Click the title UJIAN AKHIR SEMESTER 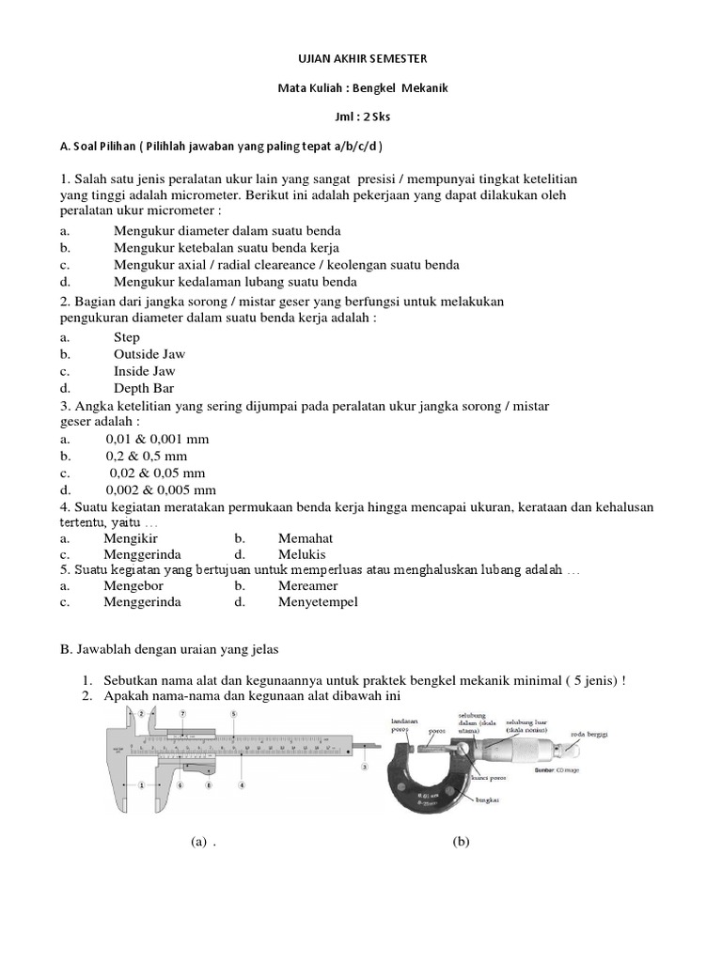(x=361, y=58)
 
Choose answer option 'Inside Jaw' (x=145, y=371)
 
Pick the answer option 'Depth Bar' (x=144, y=388)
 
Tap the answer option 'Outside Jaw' (x=149, y=354)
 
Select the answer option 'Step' (x=127, y=337)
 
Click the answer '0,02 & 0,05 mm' (x=157, y=473)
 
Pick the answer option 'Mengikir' (x=131, y=538)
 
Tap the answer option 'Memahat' (x=306, y=538)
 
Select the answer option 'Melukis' (x=301, y=555)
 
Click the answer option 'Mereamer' (x=307, y=585)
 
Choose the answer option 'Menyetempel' (x=318, y=602)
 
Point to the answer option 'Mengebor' (x=132, y=585)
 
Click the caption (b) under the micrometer (x=461, y=842)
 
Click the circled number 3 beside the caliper (x=364, y=768)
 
